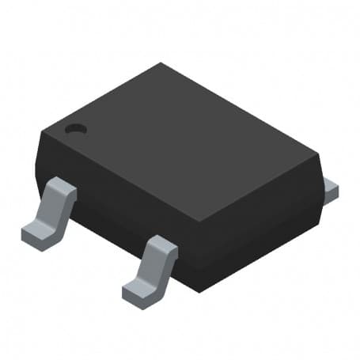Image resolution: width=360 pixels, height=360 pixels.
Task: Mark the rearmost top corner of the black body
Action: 161,64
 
